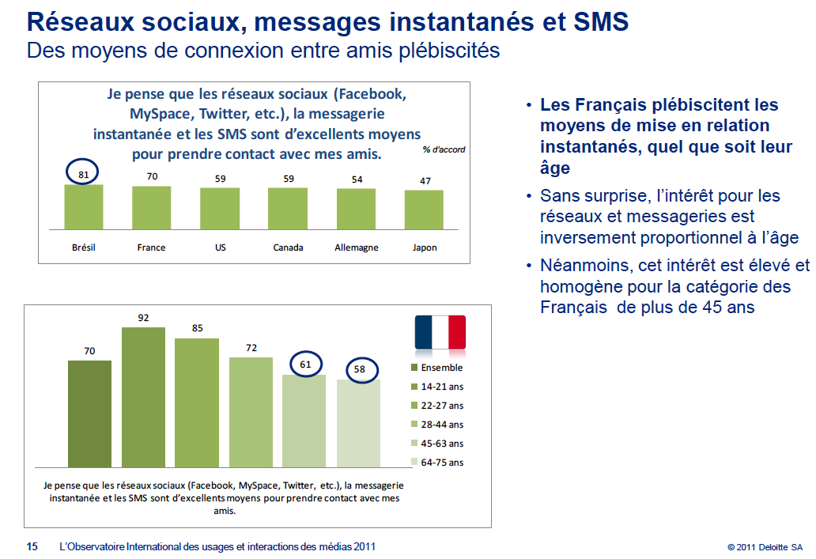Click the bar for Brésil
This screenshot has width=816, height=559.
coord(83,207)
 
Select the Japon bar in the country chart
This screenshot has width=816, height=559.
coord(425,210)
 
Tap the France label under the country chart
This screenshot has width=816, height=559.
coord(151,247)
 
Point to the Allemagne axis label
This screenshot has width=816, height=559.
coord(356,247)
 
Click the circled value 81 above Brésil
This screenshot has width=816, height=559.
coord(83,172)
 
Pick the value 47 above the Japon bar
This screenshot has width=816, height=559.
coord(425,181)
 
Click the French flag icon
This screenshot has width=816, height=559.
coord(440,332)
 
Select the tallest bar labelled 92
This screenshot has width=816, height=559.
coord(143,397)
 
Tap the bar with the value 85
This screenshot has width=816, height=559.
coord(196,402)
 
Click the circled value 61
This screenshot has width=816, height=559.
coord(304,364)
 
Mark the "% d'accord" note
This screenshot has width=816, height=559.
coord(444,149)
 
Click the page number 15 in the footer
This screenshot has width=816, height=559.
coord(32,546)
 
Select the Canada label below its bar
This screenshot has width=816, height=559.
coord(288,247)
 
